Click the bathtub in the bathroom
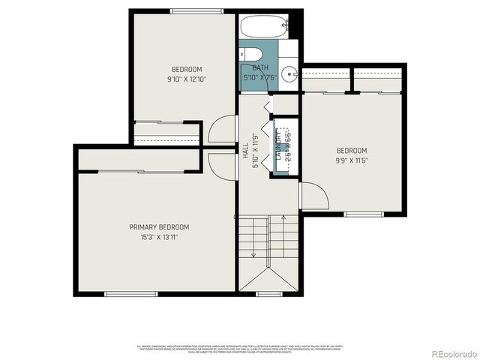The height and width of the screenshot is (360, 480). (x=263, y=28)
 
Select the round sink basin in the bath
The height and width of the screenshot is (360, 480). (x=292, y=73)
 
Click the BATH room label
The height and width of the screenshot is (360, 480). (x=260, y=67)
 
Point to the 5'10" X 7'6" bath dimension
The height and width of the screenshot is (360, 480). (x=260, y=77)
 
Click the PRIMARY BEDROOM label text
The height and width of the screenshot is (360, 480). (x=159, y=227)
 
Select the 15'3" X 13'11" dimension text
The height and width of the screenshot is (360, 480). (x=159, y=238)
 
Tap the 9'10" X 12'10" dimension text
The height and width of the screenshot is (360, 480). (x=186, y=79)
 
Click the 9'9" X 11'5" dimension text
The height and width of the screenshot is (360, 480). (x=351, y=160)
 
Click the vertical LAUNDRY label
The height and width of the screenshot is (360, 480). (x=279, y=145)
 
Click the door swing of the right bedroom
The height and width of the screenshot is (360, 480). (x=313, y=195)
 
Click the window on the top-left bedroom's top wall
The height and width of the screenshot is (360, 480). (x=186, y=10)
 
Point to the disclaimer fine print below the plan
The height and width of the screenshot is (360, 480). (x=240, y=349)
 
